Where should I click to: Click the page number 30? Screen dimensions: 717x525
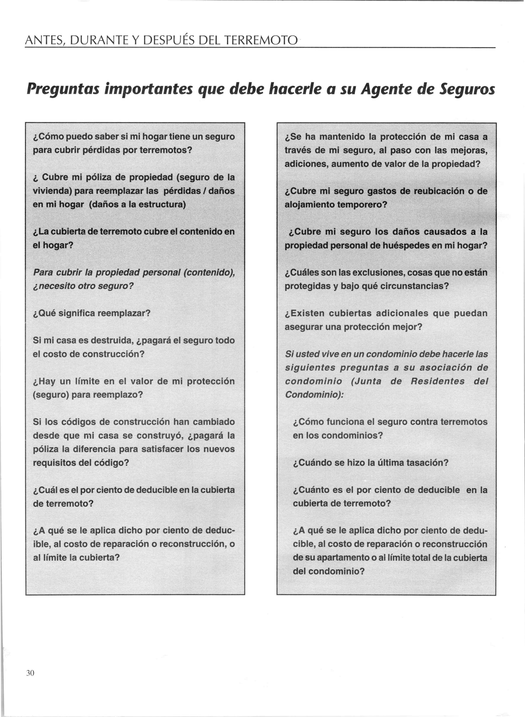coord(30,673)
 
